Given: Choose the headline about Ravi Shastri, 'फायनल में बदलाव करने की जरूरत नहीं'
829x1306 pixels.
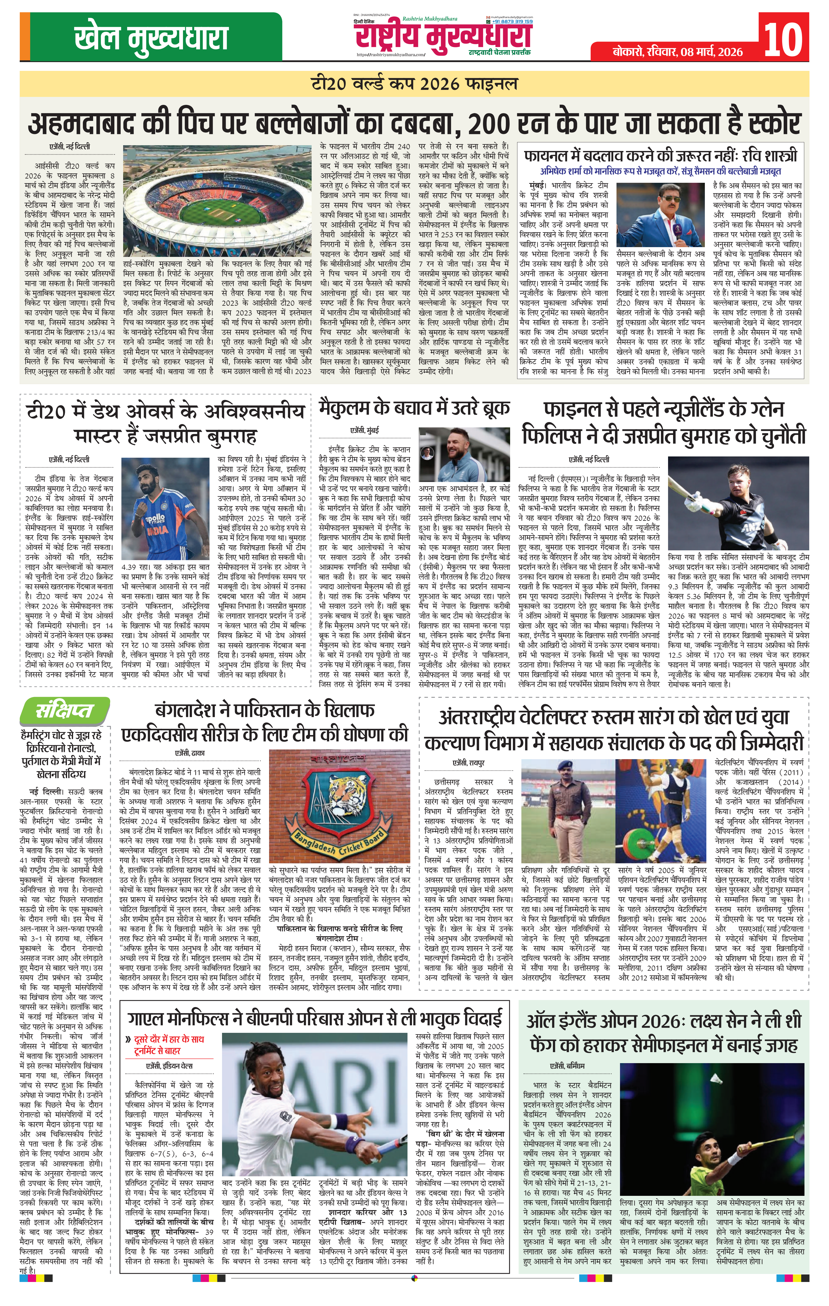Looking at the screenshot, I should coord(660,156).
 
